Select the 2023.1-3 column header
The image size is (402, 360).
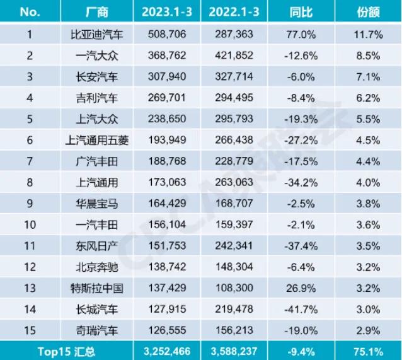[168, 11]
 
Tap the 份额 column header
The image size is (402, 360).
[369, 11]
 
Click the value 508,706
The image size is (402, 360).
[168, 34]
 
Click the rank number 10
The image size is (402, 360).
[30, 225]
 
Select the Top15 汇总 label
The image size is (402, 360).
[66, 349]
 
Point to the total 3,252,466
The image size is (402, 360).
[168, 349]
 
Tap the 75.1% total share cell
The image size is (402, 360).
[369, 349]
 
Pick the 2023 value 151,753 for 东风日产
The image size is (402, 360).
[168, 246]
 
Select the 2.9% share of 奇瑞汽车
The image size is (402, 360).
[369, 330]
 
